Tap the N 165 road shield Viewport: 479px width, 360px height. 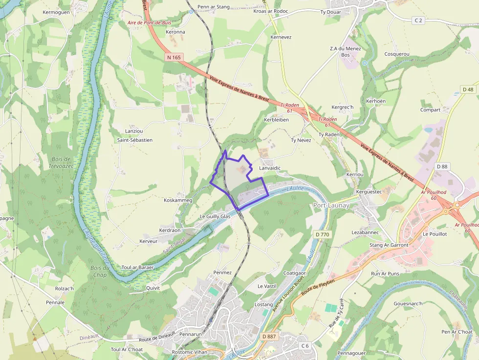[x=174, y=57]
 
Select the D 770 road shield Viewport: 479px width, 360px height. [x=323, y=234]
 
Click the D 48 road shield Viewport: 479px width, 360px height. [x=468, y=89]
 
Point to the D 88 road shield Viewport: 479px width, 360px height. [x=442, y=167]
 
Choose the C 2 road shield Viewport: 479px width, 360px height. [x=418, y=20]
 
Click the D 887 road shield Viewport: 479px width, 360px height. [x=269, y=337]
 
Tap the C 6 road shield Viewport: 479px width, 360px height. [x=305, y=346]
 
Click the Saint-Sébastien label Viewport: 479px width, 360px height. [x=134, y=140]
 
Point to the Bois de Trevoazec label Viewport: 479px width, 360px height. [x=61, y=163]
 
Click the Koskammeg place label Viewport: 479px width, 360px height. [x=178, y=200]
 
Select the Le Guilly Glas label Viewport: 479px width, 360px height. [x=215, y=216]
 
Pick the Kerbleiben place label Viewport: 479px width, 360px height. [x=276, y=120]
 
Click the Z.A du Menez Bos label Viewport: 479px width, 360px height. [x=345, y=52]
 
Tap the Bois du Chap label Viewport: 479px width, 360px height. [x=99, y=271]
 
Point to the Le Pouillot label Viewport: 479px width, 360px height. [x=435, y=234]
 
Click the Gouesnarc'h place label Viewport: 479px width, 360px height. [x=408, y=303]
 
